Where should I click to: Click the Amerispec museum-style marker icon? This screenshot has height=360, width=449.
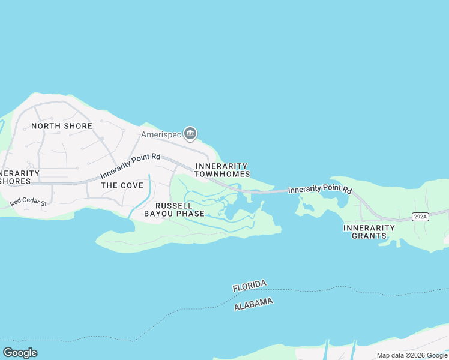pos(190,134)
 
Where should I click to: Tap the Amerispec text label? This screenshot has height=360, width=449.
pos(161,135)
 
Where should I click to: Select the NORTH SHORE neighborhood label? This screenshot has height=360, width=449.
pos(62,126)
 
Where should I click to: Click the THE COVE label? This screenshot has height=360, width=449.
pos(122,185)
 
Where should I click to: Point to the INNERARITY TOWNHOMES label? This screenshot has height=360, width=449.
pos(222,170)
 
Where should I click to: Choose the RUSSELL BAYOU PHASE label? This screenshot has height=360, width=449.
pos(180,209)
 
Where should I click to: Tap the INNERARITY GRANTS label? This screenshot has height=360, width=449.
pos(369,232)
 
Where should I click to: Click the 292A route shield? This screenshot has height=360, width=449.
pos(420,217)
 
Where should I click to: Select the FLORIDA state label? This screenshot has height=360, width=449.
pos(249,286)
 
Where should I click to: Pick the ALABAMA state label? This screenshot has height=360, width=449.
pos(253,304)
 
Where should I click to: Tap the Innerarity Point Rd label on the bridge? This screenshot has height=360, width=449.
pos(319,190)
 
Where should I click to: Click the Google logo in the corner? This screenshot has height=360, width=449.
pos(20,353)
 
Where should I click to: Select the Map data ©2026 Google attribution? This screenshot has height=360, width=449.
pos(412,355)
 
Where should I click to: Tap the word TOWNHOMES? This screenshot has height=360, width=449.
pos(222,174)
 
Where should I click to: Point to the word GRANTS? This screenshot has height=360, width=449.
pos(370,236)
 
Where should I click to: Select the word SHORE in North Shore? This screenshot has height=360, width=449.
pos(79,126)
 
